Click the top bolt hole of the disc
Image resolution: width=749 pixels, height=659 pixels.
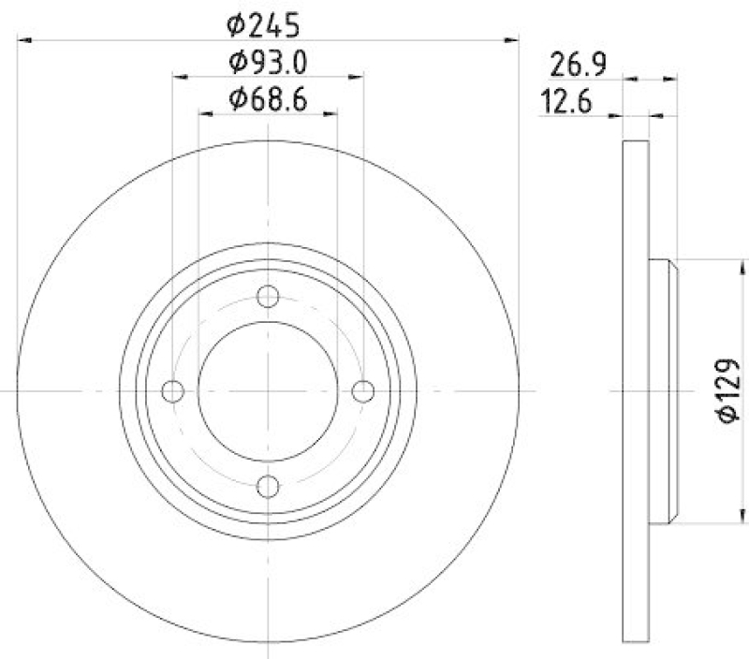pos(269,296)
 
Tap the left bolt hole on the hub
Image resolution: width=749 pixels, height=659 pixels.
pos(173,391)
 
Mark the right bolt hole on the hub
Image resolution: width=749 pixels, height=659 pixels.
pos(363,391)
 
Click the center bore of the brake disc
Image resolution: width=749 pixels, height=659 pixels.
pos(269,391)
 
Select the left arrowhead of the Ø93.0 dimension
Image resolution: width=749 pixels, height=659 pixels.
pos(179,77)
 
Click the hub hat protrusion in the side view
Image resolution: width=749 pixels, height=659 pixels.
pos(663,391)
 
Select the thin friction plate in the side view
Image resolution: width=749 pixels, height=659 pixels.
pos(636,391)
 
